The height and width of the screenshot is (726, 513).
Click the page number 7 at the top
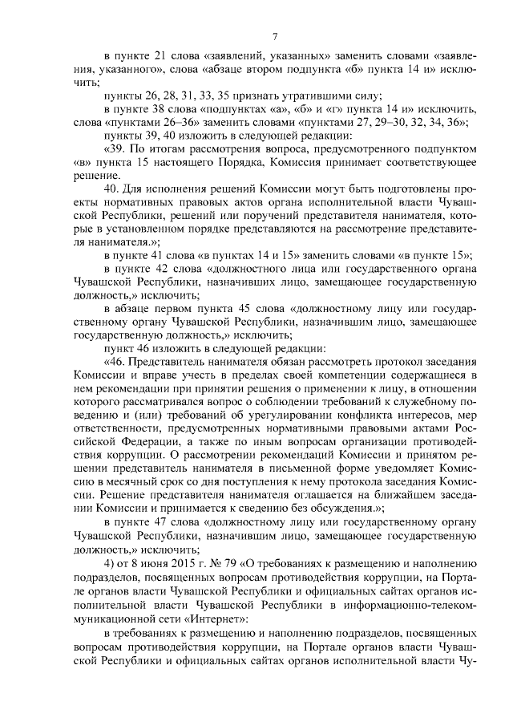click(x=275, y=35)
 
